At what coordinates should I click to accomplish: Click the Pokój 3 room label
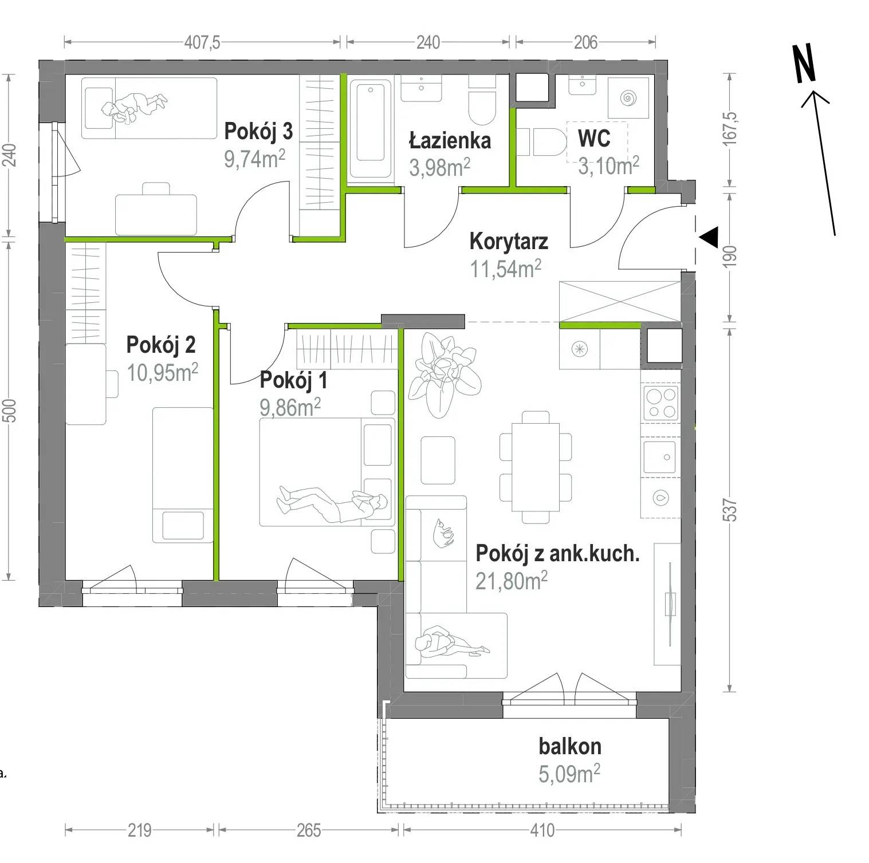[x=258, y=131]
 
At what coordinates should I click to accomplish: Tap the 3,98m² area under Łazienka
[x=439, y=167]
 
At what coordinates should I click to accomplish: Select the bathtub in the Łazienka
[x=371, y=129]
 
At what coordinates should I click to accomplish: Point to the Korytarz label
[x=509, y=241]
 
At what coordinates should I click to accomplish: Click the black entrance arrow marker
[x=709, y=237]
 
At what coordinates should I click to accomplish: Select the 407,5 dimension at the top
[x=202, y=42]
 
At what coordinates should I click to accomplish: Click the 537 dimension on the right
[x=729, y=510]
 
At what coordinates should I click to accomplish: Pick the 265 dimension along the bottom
[x=309, y=830]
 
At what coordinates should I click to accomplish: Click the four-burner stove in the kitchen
[x=661, y=403]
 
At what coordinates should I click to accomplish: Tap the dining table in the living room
[x=536, y=467]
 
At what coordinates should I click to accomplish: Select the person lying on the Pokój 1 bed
[x=331, y=502]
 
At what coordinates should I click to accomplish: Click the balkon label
[x=570, y=746]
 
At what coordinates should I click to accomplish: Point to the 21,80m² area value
[x=512, y=581]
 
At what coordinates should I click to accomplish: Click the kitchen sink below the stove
[x=660, y=457]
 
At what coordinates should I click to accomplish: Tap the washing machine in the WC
[x=628, y=98]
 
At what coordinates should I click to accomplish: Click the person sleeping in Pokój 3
[x=135, y=107]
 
